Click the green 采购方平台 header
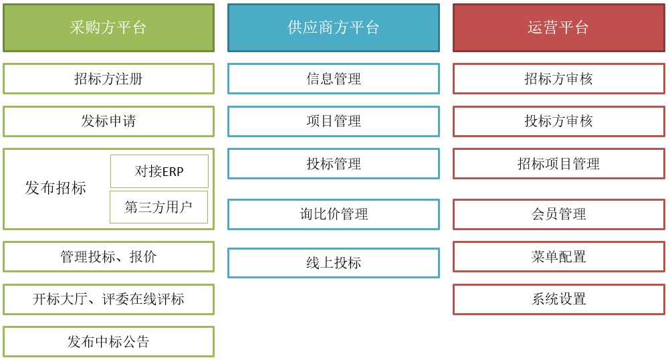pos(108,28)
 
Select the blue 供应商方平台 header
pos(333,28)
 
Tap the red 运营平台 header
pos(559,28)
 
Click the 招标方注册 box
pos(108,79)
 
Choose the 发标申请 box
pos(108,121)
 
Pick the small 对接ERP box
pos(159,171)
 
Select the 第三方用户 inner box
pos(158,207)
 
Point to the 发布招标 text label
pos(55,188)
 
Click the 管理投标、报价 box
pos(108,256)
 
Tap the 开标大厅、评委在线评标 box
pos(108,299)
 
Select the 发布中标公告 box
pos(108,342)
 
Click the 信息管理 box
pos(333,79)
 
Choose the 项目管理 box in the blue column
pos(333,121)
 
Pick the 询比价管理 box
pos(333,214)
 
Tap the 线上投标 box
pos(333,263)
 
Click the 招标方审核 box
pos(559,79)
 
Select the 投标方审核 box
pos(559,121)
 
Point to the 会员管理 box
pos(559,214)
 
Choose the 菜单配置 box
pos(559,256)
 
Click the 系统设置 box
pos(559,299)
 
